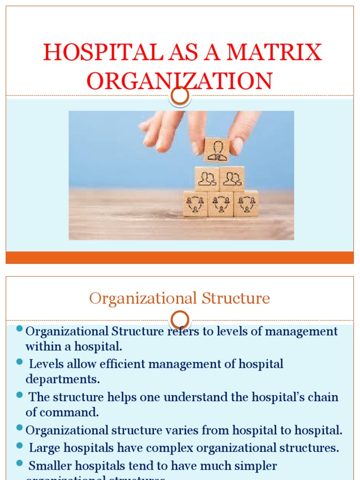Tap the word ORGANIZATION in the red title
pos(180,81)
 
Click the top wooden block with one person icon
pos(217,150)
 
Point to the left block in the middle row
pos(207,179)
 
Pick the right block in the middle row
pos(232,179)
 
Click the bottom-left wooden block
pos(195,203)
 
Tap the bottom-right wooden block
pos(246,203)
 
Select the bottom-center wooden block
pos(220,203)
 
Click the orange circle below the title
pos(180,96)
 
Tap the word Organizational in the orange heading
pos(142,299)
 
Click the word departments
pos(63,379)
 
